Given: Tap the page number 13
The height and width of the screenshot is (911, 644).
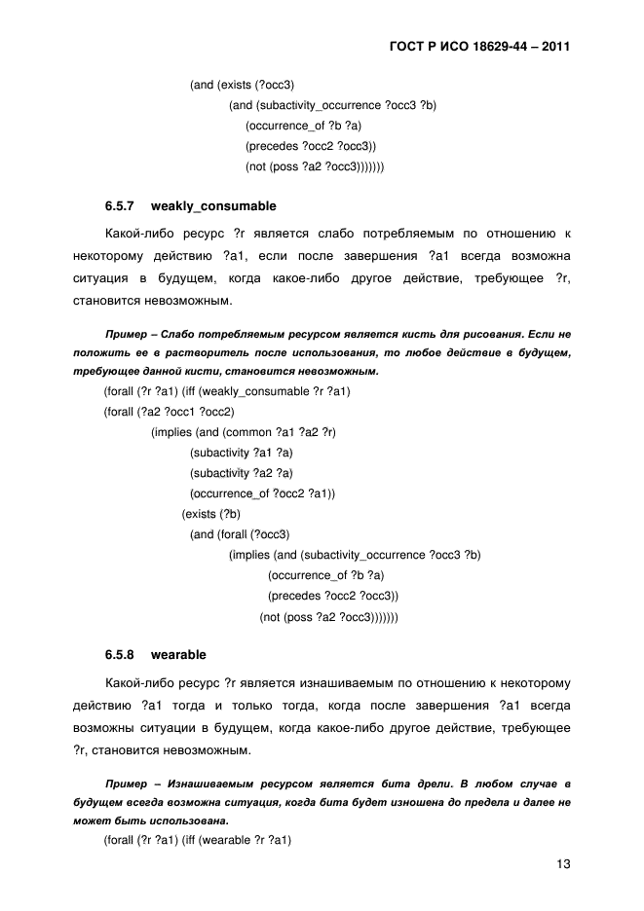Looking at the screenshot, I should tap(562, 863).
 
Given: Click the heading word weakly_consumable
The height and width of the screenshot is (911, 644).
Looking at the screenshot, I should tap(213, 206).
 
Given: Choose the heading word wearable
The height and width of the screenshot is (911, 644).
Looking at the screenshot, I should tap(178, 654).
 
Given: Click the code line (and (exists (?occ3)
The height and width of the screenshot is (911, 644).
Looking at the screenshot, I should tap(242, 85).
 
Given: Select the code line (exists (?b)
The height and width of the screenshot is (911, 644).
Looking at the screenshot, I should tap(211, 514).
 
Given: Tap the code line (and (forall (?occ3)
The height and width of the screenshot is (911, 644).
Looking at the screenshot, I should tap(240, 534).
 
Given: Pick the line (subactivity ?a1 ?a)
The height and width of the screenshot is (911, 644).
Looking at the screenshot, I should tap(242, 453).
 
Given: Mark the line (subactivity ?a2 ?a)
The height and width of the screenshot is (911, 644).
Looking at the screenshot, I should tap(242, 473).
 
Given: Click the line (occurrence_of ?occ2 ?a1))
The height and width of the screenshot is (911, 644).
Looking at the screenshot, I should tap(262, 493).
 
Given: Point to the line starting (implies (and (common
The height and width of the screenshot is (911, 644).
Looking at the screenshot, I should tap(249, 432).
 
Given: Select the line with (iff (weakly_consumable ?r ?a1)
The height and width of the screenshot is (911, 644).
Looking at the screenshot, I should tap(227, 391).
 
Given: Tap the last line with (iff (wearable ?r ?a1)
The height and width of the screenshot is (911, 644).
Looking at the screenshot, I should tap(199, 840).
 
